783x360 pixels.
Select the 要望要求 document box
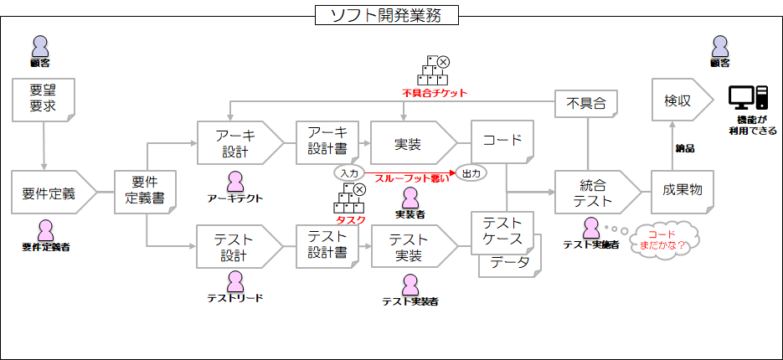click(41, 99)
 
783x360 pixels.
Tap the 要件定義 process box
click(50, 193)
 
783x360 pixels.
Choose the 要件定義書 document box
click(146, 192)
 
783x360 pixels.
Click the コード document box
click(502, 141)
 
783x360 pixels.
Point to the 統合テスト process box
click(595, 193)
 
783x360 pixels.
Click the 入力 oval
click(348, 172)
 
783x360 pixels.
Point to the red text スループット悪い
click(411, 177)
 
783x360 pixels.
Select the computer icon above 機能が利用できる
click(748, 99)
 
